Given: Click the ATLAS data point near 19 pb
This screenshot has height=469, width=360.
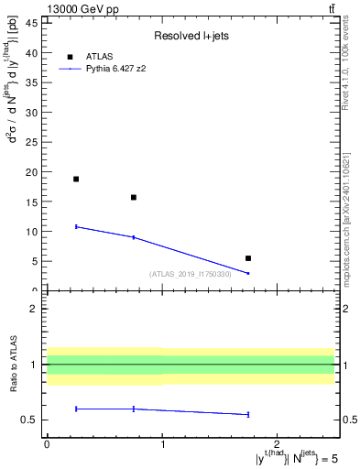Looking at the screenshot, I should pos(76,179).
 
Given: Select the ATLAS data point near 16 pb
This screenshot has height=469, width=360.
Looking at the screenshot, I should pos(134,197).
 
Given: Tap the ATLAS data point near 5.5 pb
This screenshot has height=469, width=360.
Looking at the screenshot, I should pos(248,258).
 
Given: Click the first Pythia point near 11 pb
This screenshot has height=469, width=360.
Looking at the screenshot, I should pos(76,226).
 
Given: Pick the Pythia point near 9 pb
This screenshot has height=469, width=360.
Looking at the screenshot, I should pos(134,237).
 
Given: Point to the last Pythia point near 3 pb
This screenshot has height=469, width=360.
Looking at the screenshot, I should pos(248,273).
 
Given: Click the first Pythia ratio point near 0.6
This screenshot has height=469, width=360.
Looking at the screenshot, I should pos(76,409).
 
